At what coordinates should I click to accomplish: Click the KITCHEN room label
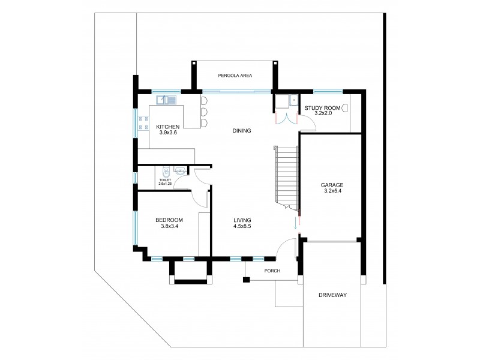pos(168,127)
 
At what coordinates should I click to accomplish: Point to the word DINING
pos(241,131)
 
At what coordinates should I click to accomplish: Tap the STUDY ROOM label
pos(322,108)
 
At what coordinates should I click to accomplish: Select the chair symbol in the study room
pos(344,107)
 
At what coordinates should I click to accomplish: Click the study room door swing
pos(308,124)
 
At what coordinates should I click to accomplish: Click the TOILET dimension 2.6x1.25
pos(165,184)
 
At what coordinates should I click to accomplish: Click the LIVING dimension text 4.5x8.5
pos(242,227)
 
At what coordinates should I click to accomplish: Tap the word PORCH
pos(272,271)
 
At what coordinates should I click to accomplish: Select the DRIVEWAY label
pos(332,296)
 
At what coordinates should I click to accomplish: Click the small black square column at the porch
pos(246,279)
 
